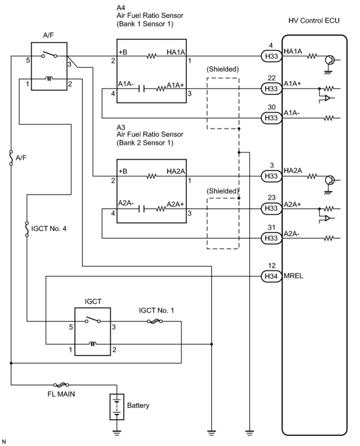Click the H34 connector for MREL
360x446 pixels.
[x=271, y=276]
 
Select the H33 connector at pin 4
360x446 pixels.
[x=271, y=56]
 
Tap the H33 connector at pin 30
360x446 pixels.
[x=271, y=118]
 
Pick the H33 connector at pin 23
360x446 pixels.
[x=271, y=208]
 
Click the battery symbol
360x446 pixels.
[x=117, y=407]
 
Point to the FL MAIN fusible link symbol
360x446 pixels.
[x=61, y=385]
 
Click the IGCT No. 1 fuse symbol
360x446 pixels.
[x=155, y=321]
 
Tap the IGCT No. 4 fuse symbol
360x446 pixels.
[x=27, y=229]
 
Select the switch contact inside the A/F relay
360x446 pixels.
[x=49, y=55]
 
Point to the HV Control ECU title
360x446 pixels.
[x=314, y=21]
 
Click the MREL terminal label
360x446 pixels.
[x=293, y=276]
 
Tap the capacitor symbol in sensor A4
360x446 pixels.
[x=142, y=89]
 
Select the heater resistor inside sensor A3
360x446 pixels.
[x=151, y=177]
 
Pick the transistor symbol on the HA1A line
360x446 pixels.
[x=330, y=60]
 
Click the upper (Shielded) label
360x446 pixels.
[x=223, y=69]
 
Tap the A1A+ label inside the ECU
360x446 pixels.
[x=292, y=84]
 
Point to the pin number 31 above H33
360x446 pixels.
[x=272, y=227]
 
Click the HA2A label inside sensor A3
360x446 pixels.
[x=176, y=171]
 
